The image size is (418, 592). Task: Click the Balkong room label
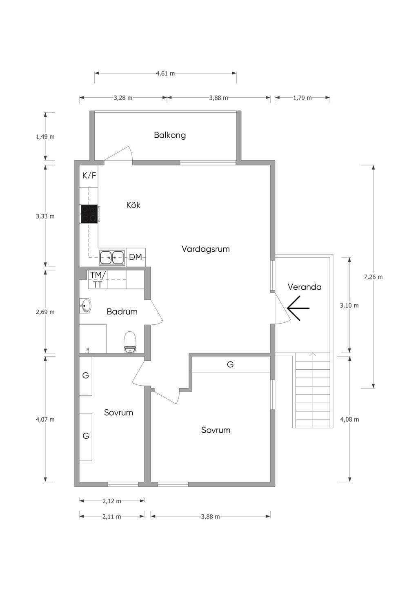[x=170, y=135]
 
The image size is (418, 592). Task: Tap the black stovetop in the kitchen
[x=89, y=214]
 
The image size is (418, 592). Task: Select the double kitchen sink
[x=112, y=257]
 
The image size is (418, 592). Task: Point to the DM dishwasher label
[x=136, y=257]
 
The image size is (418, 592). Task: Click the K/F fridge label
[x=89, y=176]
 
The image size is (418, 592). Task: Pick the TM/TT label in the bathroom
[x=98, y=279]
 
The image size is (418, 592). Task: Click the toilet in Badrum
[x=130, y=342]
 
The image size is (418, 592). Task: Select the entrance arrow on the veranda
[x=298, y=308]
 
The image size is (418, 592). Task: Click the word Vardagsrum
[x=206, y=249]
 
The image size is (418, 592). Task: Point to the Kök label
[x=133, y=205]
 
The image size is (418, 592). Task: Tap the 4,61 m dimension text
[x=166, y=73]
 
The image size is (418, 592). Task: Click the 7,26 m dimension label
[x=374, y=277]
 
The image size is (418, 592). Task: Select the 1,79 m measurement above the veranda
[x=302, y=98]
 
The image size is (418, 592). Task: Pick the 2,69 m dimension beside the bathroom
[x=45, y=312]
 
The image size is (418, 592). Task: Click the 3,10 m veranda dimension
[x=349, y=306]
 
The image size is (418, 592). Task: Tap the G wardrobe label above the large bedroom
[x=230, y=364]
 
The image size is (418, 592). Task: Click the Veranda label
[x=305, y=287]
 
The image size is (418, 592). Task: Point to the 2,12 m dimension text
[x=112, y=501]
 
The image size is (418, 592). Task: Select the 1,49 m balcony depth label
[x=45, y=136]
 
